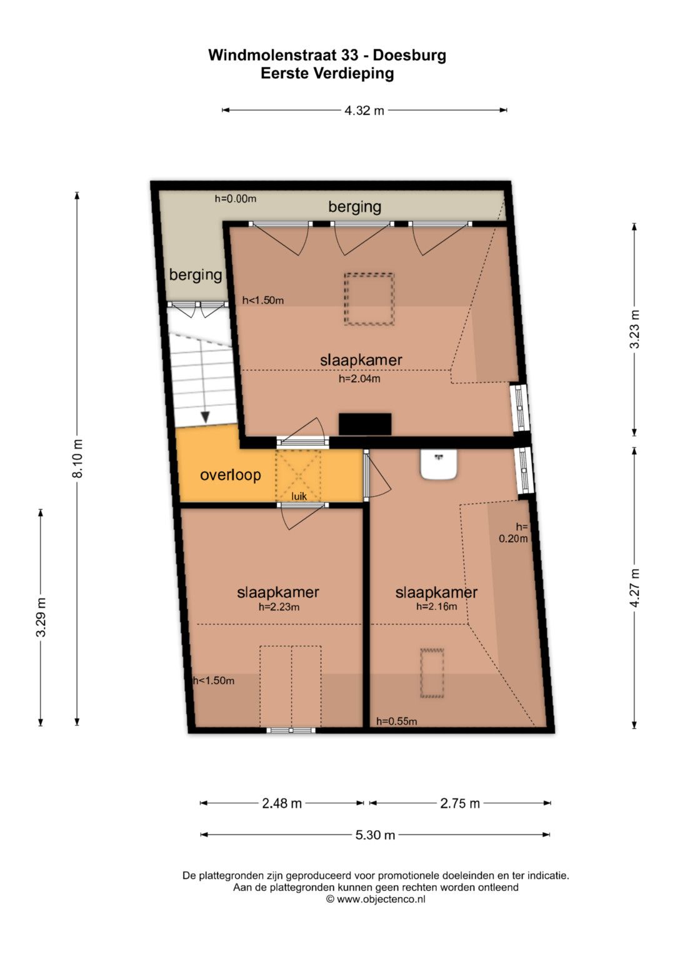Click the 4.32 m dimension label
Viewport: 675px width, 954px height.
364,111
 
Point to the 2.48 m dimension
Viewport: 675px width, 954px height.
282,803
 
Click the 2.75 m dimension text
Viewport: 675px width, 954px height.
460,803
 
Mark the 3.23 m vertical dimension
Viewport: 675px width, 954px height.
634,329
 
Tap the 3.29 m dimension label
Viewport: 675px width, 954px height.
41,617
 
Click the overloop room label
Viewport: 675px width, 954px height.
231,475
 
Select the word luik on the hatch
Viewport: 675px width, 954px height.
299,496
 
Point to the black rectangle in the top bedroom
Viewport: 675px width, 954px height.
365,424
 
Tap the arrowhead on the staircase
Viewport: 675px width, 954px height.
206,417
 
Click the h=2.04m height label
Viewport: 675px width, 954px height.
359,378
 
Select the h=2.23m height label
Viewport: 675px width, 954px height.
279,607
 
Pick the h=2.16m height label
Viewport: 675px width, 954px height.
436,606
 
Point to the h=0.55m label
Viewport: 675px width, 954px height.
396,721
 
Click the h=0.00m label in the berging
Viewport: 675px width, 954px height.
235,199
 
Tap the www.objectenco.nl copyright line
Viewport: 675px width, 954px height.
376,899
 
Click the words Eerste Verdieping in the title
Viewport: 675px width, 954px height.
327,74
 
